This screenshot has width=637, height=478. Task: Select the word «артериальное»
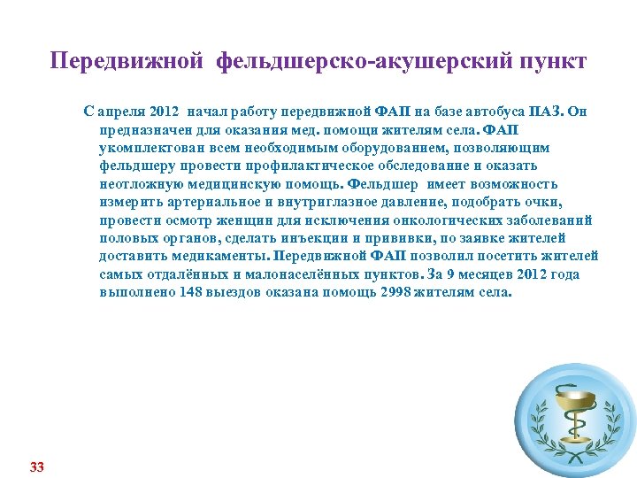[x=204, y=202]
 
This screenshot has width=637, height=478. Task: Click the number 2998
[x=395, y=292]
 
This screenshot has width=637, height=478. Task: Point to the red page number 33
[x=36, y=466]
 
